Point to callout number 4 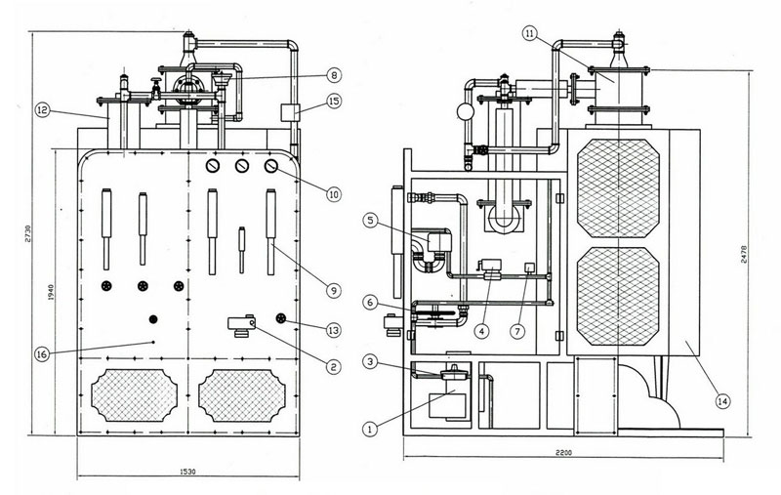tap(481, 330)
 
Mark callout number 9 tap(333, 289)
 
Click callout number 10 tap(333, 194)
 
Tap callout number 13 tap(333, 330)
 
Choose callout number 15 tap(333, 101)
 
